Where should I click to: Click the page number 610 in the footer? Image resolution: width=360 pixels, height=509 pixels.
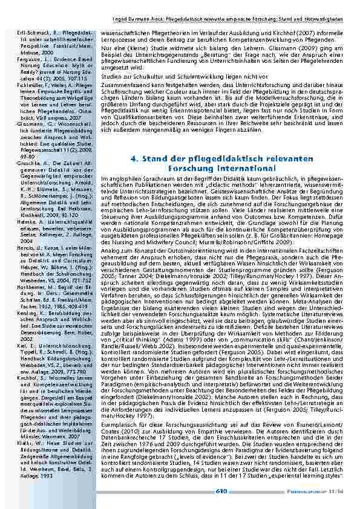point(221,491)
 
